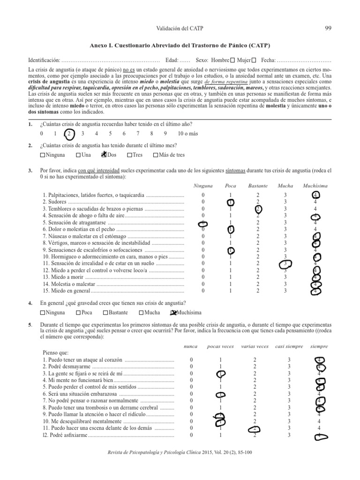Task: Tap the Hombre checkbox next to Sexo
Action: [232, 60]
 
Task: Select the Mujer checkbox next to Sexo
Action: [254, 60]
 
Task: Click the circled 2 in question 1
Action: [69, 134]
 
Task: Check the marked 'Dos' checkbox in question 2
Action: [104, 155]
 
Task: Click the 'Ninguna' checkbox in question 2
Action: [43, 155]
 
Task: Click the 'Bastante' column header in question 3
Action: [258, 186]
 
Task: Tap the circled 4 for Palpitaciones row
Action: [315, 195]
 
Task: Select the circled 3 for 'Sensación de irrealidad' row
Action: [285, 263]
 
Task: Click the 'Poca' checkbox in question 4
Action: [78, 313]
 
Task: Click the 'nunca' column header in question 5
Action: [190, 346]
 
